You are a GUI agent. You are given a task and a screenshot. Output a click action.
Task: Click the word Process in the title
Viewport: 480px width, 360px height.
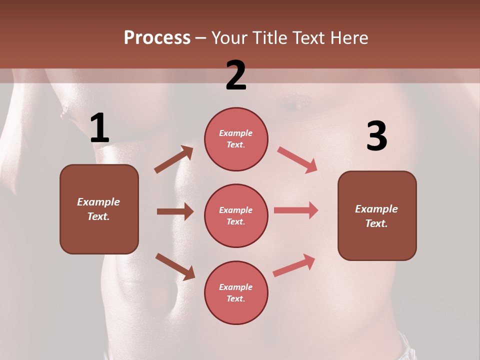click(157, 38)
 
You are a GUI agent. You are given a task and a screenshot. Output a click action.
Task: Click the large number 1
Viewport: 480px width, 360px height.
click(99, 128)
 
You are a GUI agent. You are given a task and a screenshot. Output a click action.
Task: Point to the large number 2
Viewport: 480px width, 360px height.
click(236, 75)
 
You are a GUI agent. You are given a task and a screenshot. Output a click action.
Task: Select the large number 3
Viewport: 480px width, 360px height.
click(376, 136)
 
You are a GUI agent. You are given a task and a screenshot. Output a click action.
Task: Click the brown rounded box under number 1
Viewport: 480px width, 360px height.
click(99, 209)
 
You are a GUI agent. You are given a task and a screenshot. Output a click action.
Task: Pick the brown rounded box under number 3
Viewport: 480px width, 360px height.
click(377, 215)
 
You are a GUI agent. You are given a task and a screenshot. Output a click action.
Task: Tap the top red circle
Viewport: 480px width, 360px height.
click(236, 139)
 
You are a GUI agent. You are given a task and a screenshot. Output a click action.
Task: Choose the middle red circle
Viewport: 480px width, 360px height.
click(236, 215)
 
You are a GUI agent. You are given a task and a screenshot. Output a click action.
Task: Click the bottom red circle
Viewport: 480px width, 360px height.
click(236, 292)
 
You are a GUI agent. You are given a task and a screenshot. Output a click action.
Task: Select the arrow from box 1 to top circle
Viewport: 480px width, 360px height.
click(174, 159)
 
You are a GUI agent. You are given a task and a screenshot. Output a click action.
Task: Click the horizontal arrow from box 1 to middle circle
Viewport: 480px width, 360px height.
click(175, 211)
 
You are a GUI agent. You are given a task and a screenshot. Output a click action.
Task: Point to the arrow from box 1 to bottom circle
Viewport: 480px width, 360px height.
click(175, 266)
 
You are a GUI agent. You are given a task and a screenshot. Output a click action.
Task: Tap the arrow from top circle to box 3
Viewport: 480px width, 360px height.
click(297, 159)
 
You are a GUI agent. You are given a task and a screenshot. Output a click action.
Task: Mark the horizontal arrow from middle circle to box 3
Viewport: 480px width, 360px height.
click(296, 210)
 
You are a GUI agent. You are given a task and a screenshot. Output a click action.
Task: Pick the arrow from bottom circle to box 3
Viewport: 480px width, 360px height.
click(294, 265)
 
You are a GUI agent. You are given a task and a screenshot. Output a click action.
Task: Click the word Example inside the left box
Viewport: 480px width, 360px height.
click(98, 202)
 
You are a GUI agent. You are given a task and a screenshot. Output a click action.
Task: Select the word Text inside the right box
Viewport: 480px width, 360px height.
click(376, 223)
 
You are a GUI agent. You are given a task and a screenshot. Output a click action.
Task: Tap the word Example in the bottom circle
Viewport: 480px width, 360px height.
click(236, 287)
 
